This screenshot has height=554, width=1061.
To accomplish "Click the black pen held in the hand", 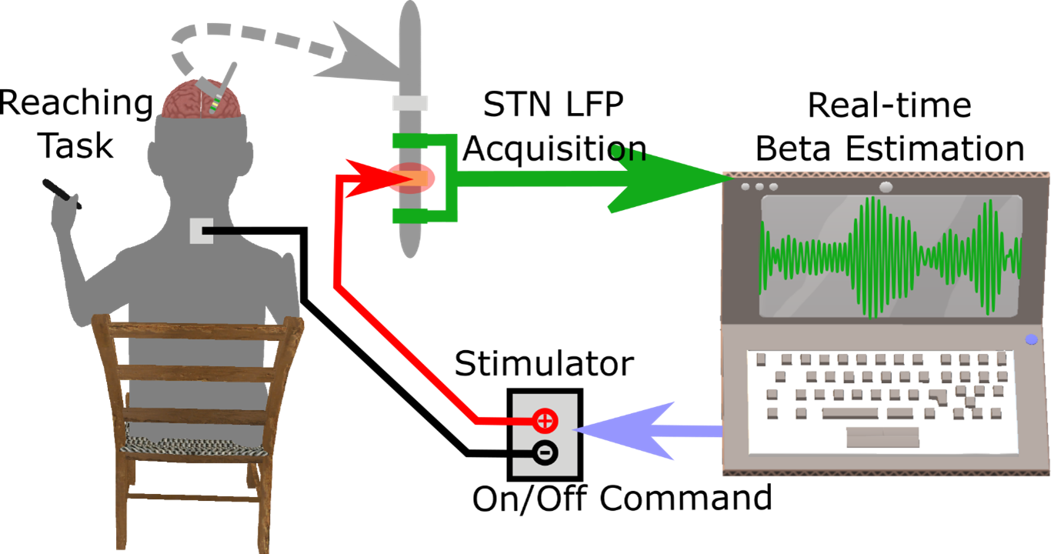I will [x=62, y=193].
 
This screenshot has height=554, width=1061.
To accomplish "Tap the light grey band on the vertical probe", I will [x=410, y=103].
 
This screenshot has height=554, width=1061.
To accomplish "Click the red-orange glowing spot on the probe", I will [x=412, y=178].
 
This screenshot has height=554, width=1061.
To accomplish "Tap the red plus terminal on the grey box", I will [x=545, y=420].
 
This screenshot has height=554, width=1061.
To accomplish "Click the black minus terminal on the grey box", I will [x=545, y=453].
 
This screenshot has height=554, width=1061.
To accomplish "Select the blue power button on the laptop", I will [x=1031, y=339].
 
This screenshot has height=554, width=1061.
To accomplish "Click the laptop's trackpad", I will [x=882, y=437].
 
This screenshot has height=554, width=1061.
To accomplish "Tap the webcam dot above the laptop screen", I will [x=886, y=187].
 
